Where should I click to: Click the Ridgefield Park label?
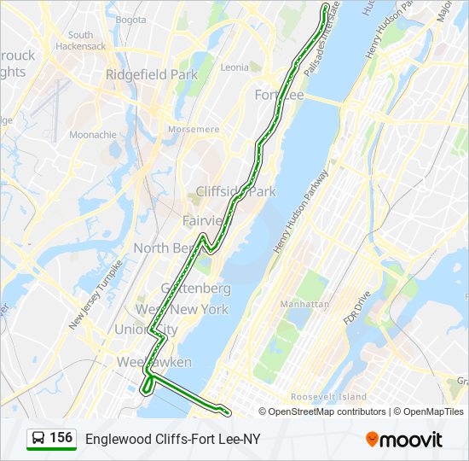pyautogui.click(x=152, y=74)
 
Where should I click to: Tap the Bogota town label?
pyautogui.click(x=130, y=19)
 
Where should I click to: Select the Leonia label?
pyautogui.click(x=234, y=67)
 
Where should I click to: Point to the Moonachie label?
pyautogui.click(x=93, y=135)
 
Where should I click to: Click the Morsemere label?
pyautogui.click(x=194, y=129)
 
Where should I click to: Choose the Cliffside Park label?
pyautogui.click(x=236, y=191)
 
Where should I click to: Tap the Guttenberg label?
pyautogui.click(x=195, y=289)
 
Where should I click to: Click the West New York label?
pyautogui.click(x=182, y=308)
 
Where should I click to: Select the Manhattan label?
pyautogui.click(x=304, y=304)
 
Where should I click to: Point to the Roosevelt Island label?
pyautogui.click(x=328, y=396)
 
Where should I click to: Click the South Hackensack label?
pyautogui.click(x=81, y=40)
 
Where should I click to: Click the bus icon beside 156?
pyautogui.click(x=38, y=439)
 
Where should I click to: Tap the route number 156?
pyautogui.click(x=61, y=438)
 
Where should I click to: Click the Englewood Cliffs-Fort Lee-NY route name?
pyautogui.click(x=172, y=439)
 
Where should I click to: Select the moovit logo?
pyautogui.click(x=404, y=440)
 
